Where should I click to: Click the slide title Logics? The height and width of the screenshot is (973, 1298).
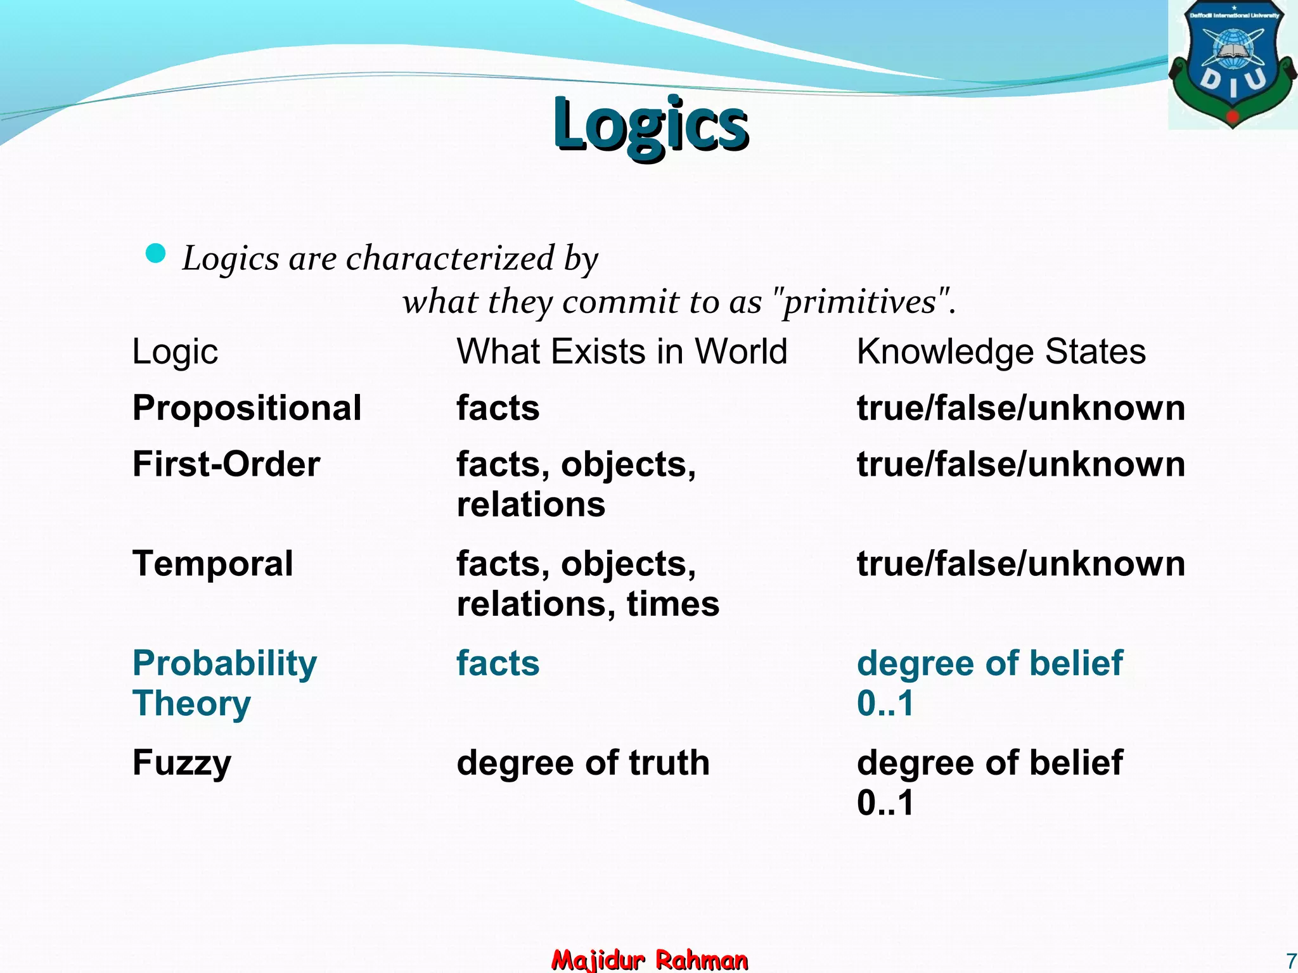(650, 124)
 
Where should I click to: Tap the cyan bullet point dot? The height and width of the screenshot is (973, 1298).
(155, 253)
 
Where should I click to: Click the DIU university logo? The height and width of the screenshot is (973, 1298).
(1232, 64)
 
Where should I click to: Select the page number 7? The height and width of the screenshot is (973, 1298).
(1290, 960)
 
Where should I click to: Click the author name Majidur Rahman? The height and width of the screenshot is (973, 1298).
(650, 960)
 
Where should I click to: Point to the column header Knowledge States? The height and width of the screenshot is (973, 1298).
(1001, 352)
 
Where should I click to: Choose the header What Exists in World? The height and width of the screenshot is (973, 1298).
(622, 352)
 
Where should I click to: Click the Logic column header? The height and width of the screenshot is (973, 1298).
(175, 352)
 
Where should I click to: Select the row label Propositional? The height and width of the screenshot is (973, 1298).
(247, 407)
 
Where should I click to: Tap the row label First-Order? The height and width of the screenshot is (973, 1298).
(226, 464)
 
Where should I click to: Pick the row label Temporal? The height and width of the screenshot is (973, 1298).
(213, 563)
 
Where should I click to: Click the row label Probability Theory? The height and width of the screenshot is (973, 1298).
(224, 683)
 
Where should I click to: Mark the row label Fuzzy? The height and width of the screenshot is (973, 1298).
(182, 763)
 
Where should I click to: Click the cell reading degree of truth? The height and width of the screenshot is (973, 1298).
(582, 763)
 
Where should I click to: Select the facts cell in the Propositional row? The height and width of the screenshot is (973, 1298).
(498, 407)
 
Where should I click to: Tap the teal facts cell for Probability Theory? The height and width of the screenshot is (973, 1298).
(498, 663)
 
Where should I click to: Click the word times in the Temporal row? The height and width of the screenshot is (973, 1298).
(673, 604)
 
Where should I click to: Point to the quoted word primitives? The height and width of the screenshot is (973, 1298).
(859, 302)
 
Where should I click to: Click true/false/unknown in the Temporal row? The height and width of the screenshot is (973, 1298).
(1020, 563)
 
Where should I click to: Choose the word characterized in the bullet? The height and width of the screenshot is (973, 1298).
(450, 258)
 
